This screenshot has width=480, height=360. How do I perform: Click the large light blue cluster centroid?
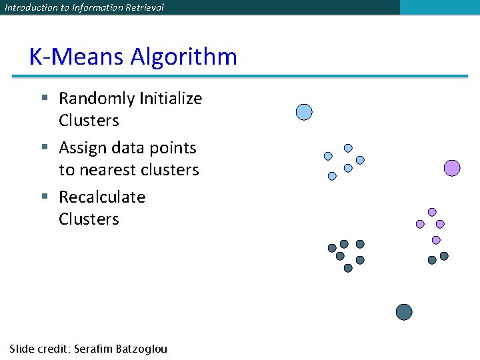(304, 112)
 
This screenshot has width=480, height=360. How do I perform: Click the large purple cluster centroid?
(452, 168)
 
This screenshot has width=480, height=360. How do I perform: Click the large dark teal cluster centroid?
(404, 312)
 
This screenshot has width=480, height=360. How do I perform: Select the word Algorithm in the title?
(183, 57)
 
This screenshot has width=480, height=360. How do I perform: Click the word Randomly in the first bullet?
(97, 99)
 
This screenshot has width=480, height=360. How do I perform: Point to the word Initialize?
(171, 99)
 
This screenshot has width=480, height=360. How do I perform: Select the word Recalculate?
(102, 197)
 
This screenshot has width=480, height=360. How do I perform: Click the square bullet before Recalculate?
(45, 196)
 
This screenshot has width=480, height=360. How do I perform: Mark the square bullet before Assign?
(45, 147)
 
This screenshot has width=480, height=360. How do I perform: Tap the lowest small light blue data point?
(332, 177)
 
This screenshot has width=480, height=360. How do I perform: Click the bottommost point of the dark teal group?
(348, 268)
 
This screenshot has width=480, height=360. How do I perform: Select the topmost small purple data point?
(432, 212)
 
